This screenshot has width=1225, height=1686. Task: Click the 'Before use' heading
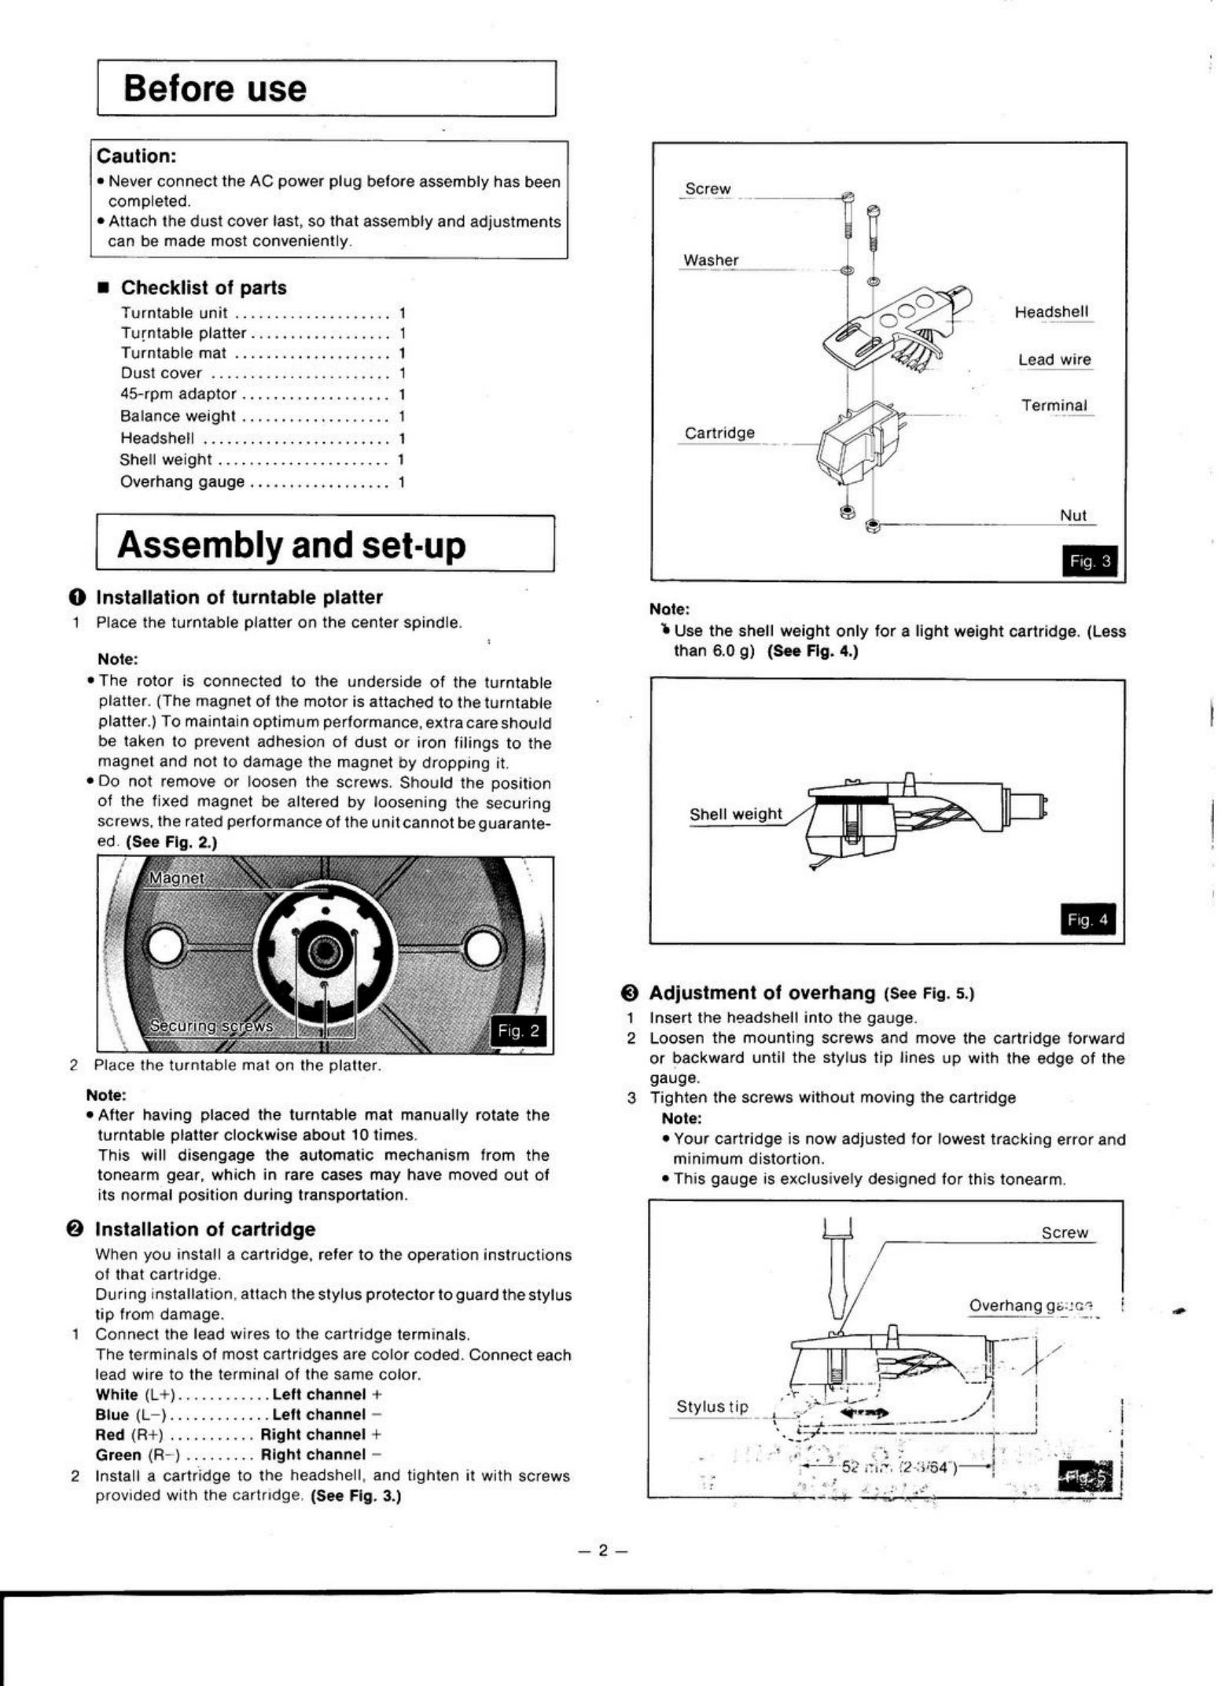click(x=215, y=89)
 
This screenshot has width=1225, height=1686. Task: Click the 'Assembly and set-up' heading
click(x=291, y=545)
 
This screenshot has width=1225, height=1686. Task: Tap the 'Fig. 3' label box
click(x=1089, y=561)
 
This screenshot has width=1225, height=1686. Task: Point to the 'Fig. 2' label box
click(x=517, y=1031)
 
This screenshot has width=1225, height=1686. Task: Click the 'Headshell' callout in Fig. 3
click(x=1051, y=312)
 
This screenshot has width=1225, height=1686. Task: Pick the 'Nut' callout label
click(x=1072, y=515)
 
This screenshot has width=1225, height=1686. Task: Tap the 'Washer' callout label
click(x=711, y=260)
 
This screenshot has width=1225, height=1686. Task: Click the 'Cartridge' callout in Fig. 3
click(x=719, y=433)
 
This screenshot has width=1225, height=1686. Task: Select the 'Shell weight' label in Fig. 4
click(x=736, y=814)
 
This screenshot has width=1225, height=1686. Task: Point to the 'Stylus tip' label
click(x=712, y=1406)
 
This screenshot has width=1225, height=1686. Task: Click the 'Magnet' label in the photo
click(x=176, y=878)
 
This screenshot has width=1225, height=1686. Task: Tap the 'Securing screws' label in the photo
click(x=212, y=1025)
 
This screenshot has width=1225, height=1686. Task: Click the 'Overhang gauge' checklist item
click(x=182, y=482)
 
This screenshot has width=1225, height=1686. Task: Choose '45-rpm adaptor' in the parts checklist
click(x=178, y=394)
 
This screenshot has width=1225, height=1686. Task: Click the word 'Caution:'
click(x=136, y=156)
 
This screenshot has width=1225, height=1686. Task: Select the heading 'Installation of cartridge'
click(x=204, y=1229)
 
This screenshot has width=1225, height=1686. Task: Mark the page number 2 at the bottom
click(x=603, y=1550)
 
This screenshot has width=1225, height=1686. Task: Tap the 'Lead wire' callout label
click(x=1054, y=359)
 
